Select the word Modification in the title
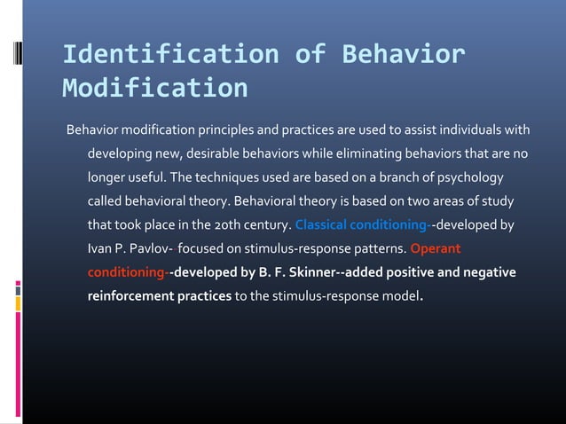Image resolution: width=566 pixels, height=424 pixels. tap(155, 89)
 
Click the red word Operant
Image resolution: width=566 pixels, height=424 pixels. tap(436, 247)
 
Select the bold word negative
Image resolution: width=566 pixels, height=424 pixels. tap(491, 271)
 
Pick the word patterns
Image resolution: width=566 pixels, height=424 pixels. tap(375, 247)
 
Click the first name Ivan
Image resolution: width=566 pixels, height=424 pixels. tap(99, 247)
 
